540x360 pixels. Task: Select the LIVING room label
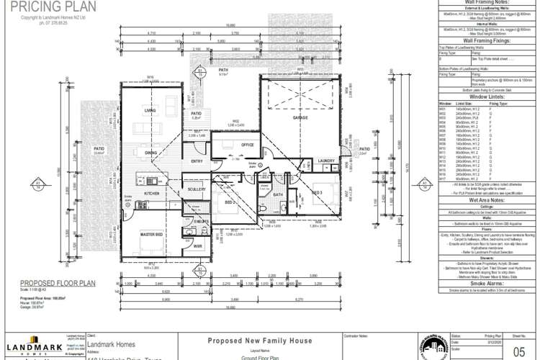[x=150, y=110]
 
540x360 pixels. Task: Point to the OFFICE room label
[x=248, y=144]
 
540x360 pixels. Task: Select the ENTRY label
[x=197, y=162]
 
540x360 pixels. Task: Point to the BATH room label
[x=279, y=194]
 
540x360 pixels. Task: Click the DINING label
[x=150, y=153]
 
